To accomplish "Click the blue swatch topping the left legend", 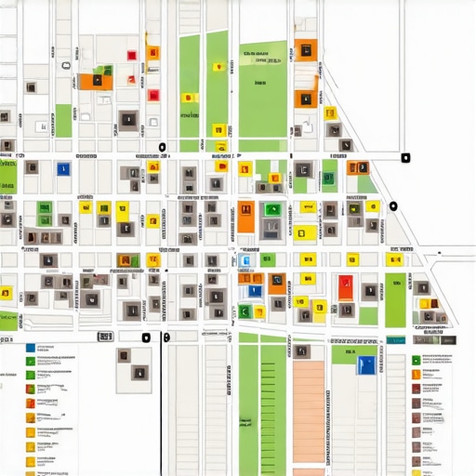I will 31,347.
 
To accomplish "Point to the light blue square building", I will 245,262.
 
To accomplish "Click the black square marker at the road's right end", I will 404,157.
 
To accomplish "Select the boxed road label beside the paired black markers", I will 104,336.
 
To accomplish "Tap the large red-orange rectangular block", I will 346,286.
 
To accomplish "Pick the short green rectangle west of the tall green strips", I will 63,121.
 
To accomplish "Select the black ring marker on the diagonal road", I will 393,205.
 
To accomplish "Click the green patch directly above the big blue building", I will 344,354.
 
